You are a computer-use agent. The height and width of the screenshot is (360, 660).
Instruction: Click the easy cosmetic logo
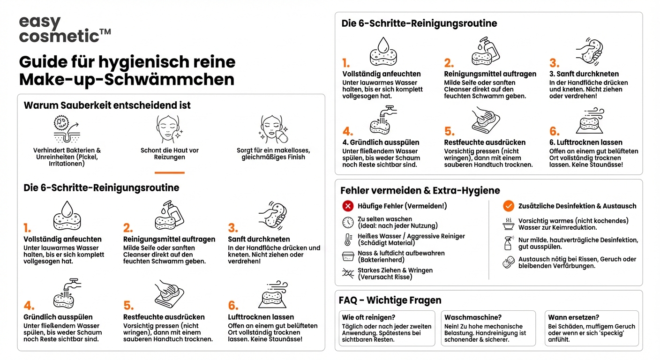[x=65, y=29]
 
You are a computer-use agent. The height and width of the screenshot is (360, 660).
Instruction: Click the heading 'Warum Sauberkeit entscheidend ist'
[x=107, y=105]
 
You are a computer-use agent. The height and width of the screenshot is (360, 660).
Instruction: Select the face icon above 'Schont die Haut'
[x=169, y=130]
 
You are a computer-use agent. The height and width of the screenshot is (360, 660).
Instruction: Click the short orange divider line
[x=169, y=172]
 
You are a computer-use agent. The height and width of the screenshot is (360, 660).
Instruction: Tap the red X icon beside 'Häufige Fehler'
[x=348, y=206]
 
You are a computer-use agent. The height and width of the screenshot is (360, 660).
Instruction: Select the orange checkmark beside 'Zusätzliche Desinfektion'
[x=509, y=206]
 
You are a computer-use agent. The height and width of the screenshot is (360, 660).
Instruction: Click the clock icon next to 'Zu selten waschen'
[x=348, y=222]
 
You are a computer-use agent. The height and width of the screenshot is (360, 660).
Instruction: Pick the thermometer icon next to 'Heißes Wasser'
[x=348, y=240]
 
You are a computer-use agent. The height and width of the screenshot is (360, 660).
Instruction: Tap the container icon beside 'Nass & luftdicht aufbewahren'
[x=348, y=256]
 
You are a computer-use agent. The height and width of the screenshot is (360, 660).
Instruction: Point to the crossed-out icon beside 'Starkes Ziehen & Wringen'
[x=348, y=274]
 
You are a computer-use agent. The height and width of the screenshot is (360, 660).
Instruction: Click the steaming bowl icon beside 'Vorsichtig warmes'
[x=508, y=224]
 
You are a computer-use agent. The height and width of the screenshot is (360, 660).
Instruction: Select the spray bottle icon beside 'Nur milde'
[x=508, y=243]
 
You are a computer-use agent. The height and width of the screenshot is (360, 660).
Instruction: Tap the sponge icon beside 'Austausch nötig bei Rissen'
[x=508, y=262]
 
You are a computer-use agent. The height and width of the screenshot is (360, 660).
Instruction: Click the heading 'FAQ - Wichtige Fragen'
[x=390, y=300]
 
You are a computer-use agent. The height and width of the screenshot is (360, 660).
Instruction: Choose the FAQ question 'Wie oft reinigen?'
[x=368, y=317]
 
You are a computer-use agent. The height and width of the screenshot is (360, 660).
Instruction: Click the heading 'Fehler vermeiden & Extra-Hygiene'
[x=420, y=190]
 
